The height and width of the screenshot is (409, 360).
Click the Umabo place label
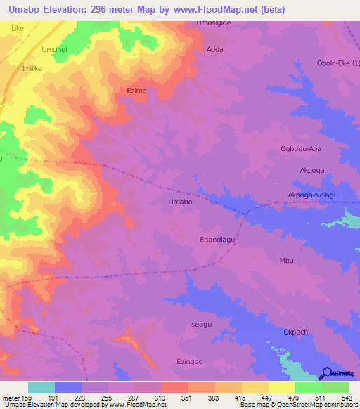tap(180, 202)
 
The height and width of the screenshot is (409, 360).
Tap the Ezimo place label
tap(136, 91)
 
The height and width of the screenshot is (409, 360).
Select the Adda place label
tap(215, 50)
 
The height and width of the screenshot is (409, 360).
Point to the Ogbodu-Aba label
tap(301, 148)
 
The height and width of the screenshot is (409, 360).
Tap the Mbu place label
tap(286, 261)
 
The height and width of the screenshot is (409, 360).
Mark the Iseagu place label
tap(200, 324)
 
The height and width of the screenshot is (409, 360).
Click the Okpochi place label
tap(296, 332)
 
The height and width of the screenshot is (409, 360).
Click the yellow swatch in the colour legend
tap(281, 387)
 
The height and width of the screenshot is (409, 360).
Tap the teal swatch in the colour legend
tap(41, 387)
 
